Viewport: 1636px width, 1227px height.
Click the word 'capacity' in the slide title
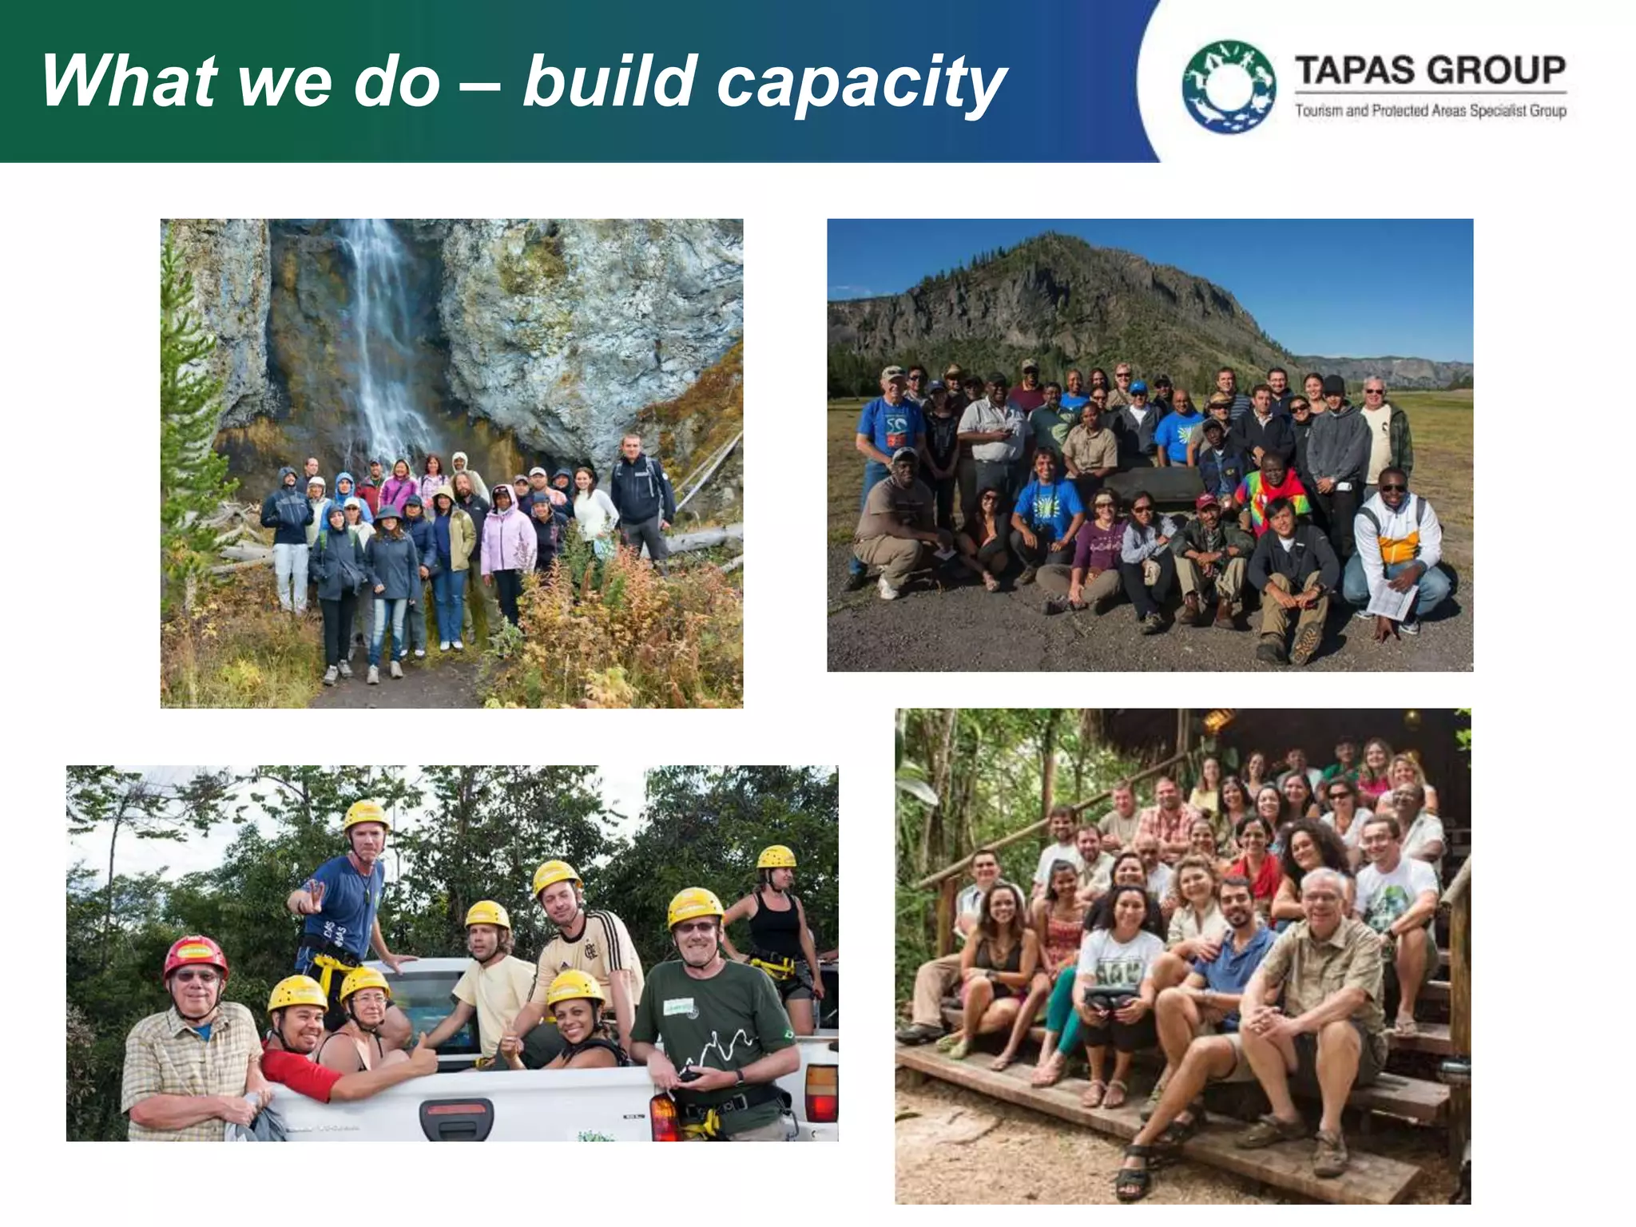[861, 82]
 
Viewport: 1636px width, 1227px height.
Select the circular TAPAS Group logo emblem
[1229, 86]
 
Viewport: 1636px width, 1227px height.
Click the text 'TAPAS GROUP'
[1430, 70]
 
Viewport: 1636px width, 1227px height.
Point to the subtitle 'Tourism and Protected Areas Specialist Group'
[1430, 111]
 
